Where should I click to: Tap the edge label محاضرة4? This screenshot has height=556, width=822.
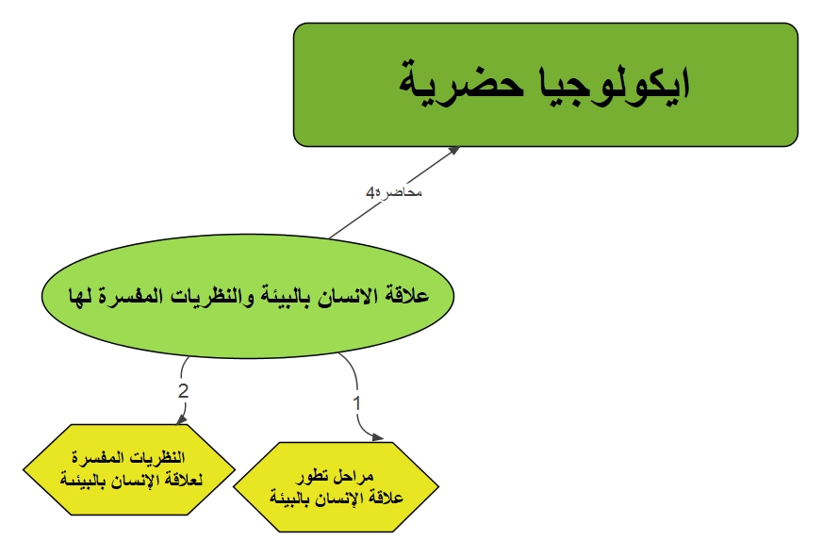point(394,192)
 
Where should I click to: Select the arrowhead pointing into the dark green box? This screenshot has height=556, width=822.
point(453,151)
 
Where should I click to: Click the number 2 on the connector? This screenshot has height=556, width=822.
point(183,391)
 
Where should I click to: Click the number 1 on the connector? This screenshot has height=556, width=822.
point(357,403)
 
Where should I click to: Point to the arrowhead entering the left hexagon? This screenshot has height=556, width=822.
point(181,418)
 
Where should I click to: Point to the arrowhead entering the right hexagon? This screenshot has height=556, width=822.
point(377,437)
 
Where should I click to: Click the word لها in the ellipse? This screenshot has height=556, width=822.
point(81,296)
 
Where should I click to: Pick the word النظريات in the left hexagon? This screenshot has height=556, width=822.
point(156,457)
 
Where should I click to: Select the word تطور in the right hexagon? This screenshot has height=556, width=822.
point(313,476)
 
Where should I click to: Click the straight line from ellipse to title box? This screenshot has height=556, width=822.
point(394,192)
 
